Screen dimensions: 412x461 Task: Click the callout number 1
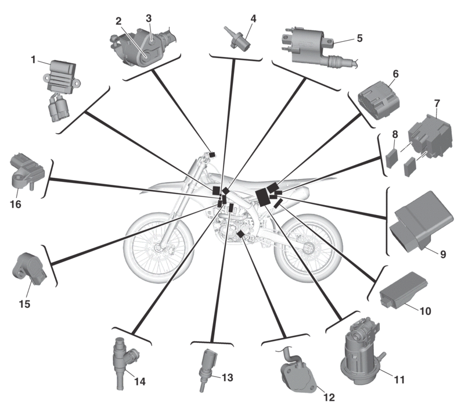point(34,59)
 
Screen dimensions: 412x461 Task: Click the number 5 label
point(359,38)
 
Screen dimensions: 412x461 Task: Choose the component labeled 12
point(296,372)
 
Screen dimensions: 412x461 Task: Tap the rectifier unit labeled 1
point(63,78)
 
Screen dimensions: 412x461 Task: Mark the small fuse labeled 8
point(393,156)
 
